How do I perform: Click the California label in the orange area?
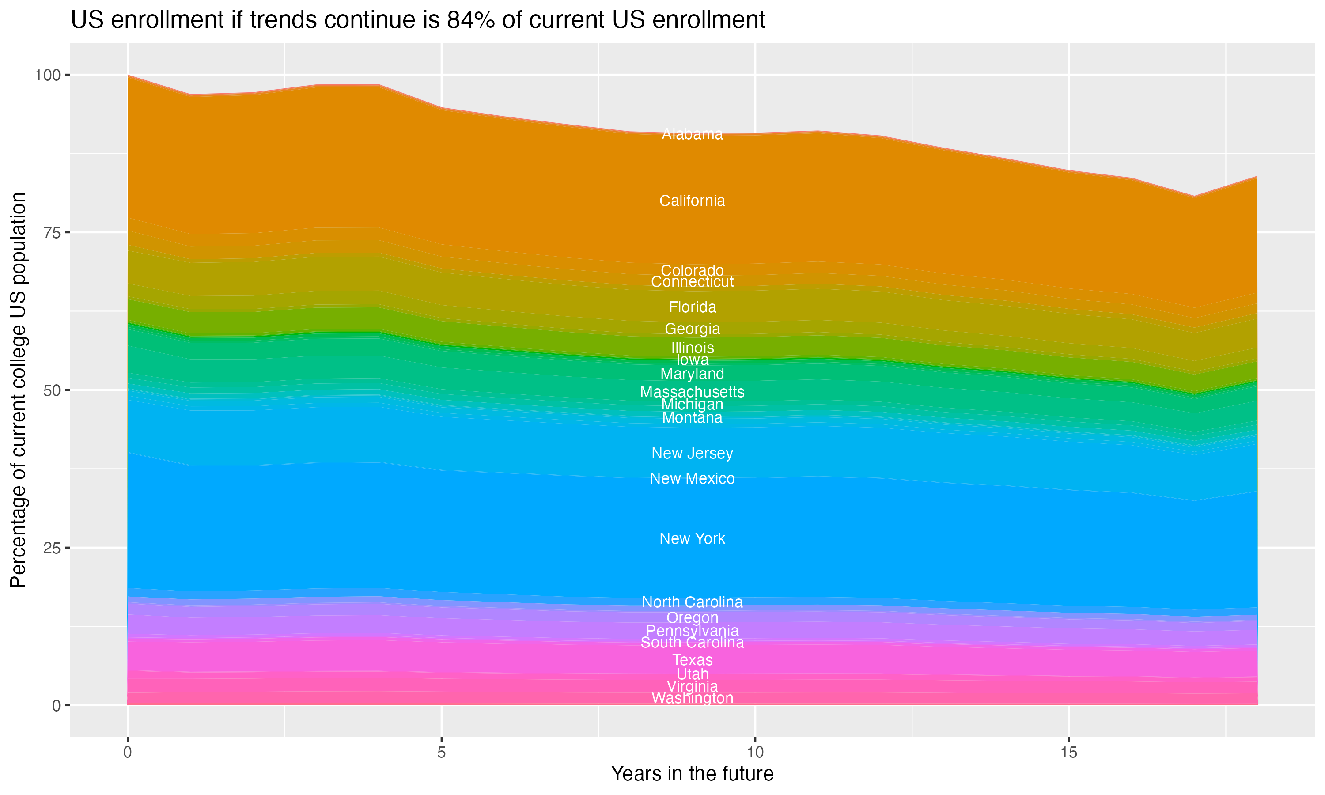692,201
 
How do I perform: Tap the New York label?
692,538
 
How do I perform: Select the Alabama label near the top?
692,134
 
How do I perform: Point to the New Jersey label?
692,453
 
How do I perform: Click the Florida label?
692,307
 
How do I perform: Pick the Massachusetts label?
692,392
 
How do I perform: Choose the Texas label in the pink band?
692,660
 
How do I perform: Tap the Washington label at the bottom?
692,698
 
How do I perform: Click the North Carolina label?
692,602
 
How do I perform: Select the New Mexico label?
692,478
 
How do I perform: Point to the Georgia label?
692,329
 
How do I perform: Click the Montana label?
692,417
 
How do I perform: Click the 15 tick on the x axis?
1068,753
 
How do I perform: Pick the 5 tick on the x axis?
441,753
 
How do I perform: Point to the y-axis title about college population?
18,390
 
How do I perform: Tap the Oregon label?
692,618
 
